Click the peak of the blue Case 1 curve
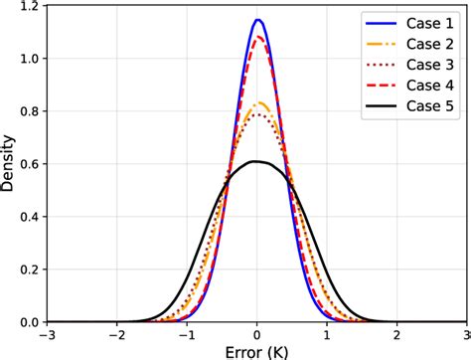click(x=258, y=20)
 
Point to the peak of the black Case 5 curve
click(x=255, y=161)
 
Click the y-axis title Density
click(x=9, y=164)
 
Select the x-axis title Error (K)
click(x=257, y=349)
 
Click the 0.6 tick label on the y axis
click(x=29, y=164)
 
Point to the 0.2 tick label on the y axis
click(x=29, y=270)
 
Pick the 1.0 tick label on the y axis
click(x=29, y=59)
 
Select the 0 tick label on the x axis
click(x=257, y=332)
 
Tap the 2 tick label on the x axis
click(x=398, y=332)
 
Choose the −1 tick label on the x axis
click(x=185, y=332)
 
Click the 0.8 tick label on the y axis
click(x=29, y=111)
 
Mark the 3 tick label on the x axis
click(x=465, y=332)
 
